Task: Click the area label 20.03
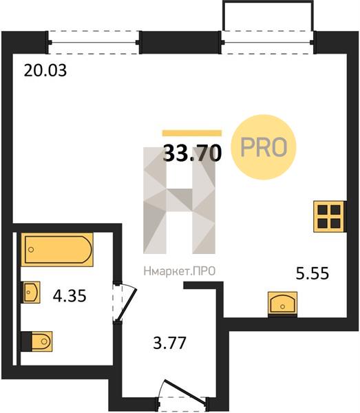(45, 71)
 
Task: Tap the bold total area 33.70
(192, 153)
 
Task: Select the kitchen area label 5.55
(313, 273)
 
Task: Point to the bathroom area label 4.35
(70, 295)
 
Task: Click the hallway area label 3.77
(170, 343)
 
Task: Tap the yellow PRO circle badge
(264, 147)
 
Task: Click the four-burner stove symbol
(329, 217)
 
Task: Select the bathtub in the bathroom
(57, 249)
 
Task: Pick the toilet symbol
(37, 341)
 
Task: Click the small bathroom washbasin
(31, 292)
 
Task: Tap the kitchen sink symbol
(283, 303)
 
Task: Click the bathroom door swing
(125, 302)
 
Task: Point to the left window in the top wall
(94, 43)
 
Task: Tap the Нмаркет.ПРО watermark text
(180, 271)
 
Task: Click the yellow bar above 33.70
(192, 133)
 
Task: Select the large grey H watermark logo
(180, 200)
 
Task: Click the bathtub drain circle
(31, 249)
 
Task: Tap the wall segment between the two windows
(180, 43)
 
